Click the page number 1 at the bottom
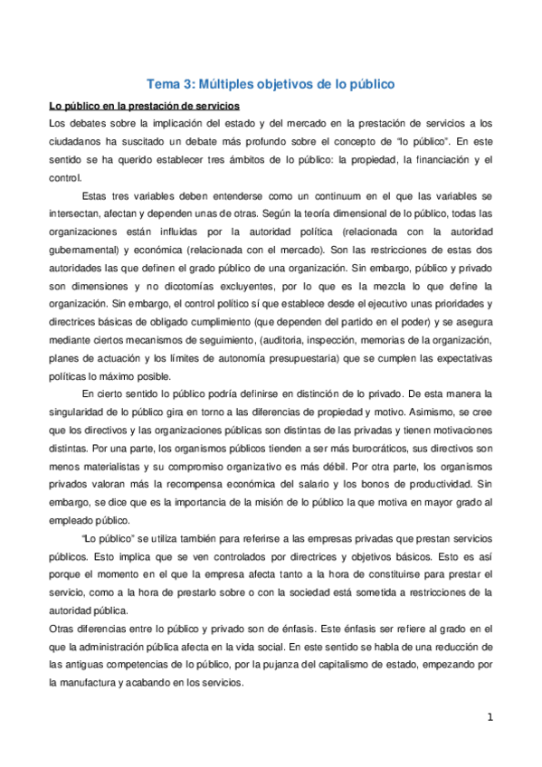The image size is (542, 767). pos(490,718)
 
